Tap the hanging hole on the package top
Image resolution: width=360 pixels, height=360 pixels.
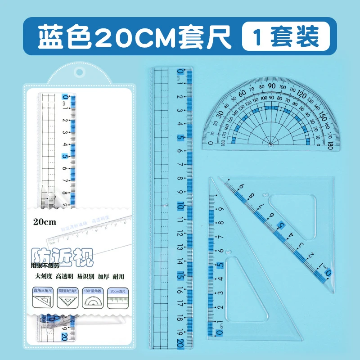[x=80, y=73]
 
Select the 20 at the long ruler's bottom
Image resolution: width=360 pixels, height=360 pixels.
[x=180, y=343]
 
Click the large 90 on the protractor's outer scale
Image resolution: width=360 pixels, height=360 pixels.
[x=271, y=86]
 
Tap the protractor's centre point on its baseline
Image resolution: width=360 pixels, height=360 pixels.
[x=270, y=144]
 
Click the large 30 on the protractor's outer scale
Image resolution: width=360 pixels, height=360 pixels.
[x=221, y=113]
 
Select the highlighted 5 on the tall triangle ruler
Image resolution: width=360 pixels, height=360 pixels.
[x=220, y=265]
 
